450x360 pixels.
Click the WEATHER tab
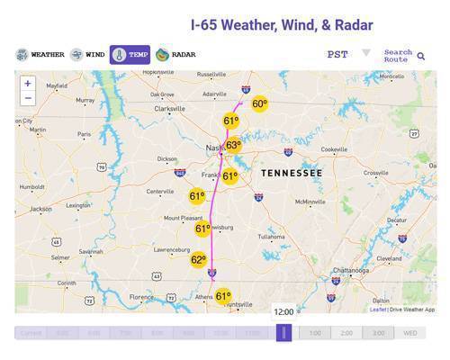click(40, 55)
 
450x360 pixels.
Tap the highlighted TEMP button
click(130, 55)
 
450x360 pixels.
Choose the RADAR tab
click(175, 55)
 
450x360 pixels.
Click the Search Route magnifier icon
click(421, 56)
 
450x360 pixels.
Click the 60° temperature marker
click(259, 104)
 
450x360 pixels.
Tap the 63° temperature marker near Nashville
click(233, 145)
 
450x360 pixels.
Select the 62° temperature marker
click(198, 260)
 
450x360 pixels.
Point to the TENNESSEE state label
click(292, 172)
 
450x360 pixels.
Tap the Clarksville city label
click(169, 109)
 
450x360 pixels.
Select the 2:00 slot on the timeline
click(346, 333)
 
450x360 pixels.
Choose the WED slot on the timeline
click(409, 333)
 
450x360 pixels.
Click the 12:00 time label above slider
click(283, 311)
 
